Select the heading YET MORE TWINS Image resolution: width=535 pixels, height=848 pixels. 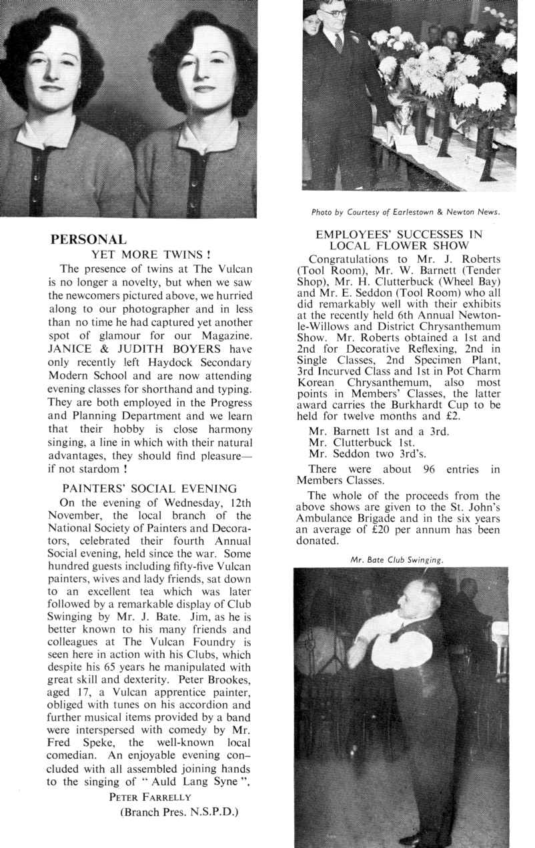[151, 254]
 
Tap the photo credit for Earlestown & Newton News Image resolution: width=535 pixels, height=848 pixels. [406, 213]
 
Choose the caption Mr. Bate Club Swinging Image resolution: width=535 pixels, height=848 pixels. [397, 560]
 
